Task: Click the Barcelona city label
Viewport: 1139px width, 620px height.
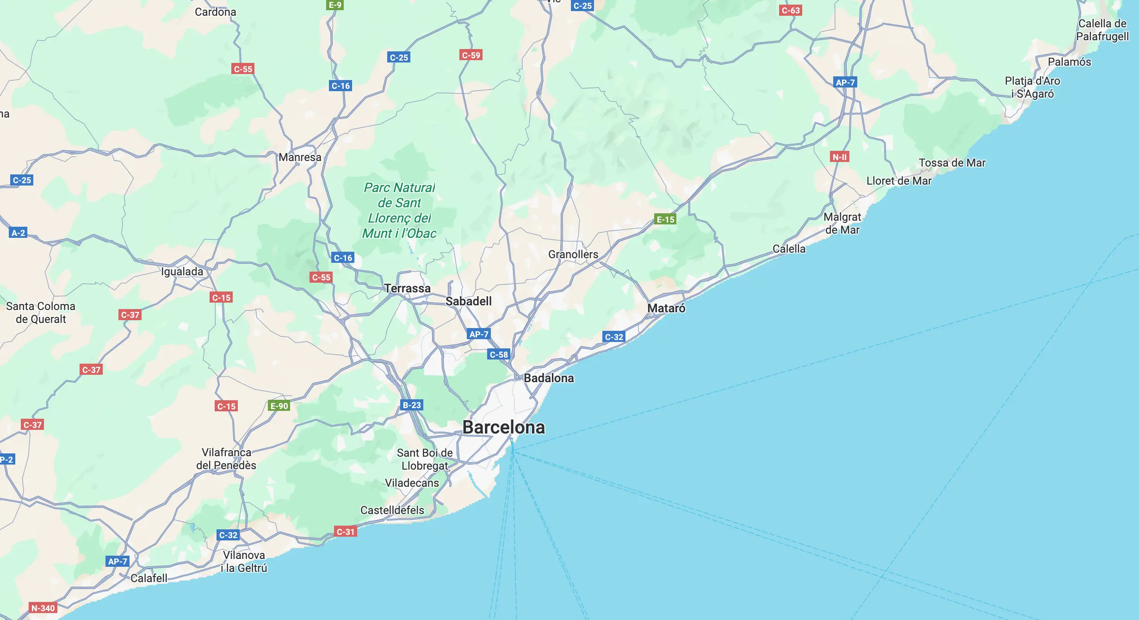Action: (503, 428)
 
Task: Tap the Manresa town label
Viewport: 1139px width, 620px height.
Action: (300, 157)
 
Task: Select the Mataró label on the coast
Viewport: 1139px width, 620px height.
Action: (666, 308)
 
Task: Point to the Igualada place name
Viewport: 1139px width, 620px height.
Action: (182, 272)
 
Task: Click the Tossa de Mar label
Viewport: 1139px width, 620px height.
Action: (952, 163)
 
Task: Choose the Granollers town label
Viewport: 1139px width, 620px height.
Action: (573, 254)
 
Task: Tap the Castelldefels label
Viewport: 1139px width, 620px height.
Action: (392, 510)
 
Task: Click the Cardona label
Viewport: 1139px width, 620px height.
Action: (215, 12)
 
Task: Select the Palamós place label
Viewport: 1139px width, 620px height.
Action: (1069, 62)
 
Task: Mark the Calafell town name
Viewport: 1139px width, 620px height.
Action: (149, 578)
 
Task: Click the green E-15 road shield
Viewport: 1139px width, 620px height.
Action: (665, 219)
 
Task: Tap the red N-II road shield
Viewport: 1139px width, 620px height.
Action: (839, 157)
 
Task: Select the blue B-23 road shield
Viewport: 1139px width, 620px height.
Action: (411, 405)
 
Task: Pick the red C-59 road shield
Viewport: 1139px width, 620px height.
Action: (471, 55)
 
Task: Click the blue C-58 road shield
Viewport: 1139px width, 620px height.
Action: (498, 354)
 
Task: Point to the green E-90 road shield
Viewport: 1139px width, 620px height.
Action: (279, 406)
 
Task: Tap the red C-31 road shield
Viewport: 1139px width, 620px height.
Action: (345, 532)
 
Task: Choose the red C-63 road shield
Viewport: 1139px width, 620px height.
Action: (790, 10)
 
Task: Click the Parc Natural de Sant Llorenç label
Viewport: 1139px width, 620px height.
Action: (399, 211)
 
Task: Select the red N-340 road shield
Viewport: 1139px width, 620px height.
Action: (43, 608)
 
